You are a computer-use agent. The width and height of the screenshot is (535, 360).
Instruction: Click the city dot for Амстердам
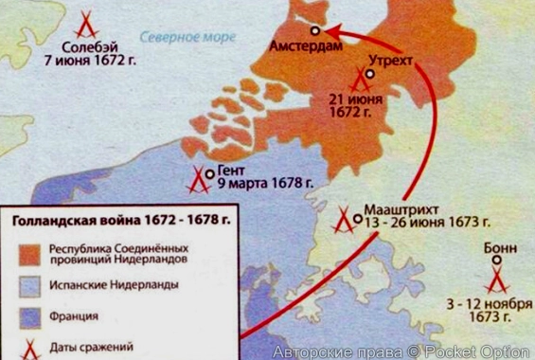pos(314,30)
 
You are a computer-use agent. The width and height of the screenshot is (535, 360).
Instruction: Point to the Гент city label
pos(232,171)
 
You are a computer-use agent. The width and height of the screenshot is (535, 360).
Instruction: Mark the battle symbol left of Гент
pos(198,178)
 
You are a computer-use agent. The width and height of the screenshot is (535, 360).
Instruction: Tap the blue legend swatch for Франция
pos(30,315)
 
